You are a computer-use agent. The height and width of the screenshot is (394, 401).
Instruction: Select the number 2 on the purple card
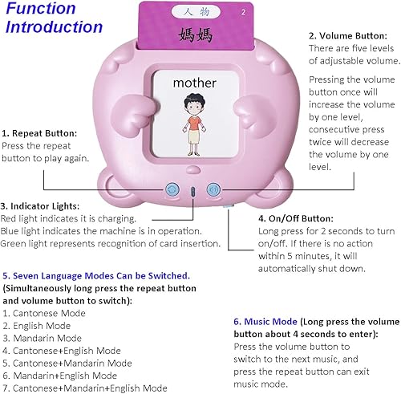click(241, 12)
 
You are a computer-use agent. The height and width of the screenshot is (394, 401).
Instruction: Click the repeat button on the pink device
click(171, 190)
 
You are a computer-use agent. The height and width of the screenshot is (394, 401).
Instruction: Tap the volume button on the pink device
click(213, 190)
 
